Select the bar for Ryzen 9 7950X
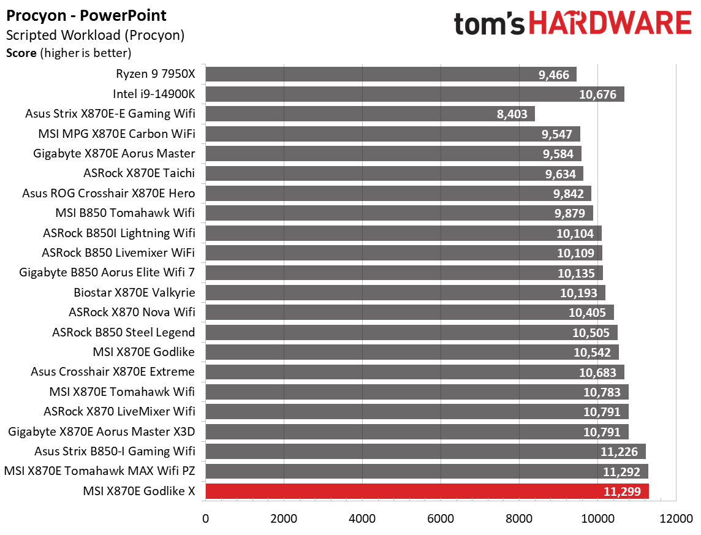(391, 75)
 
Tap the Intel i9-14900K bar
(414, 94)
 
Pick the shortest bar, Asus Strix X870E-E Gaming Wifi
(369, 114)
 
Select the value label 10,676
(599, 94)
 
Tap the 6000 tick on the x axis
(441, 518)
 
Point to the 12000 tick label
(676, 518)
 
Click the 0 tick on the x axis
(205, 518)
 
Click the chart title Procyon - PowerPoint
(86, 15)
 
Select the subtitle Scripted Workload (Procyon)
(95, 35)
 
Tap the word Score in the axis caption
(21, 53)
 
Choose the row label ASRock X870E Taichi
(143, 173)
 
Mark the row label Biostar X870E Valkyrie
(134, 292)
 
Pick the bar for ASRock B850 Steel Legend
(411, 332)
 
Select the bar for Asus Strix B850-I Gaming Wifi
(425, 452)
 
